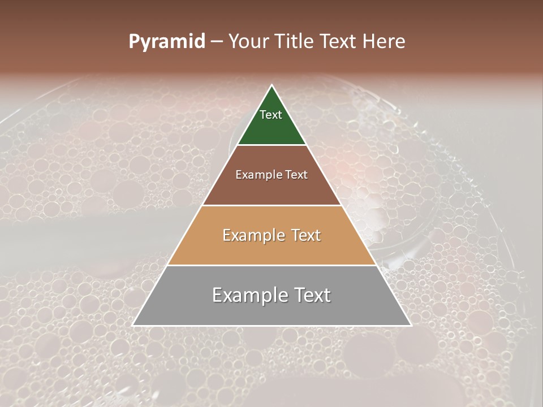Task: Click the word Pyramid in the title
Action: (x=166, y=42)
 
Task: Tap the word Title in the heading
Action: (x=295, y=42)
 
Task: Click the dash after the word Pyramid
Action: (x=217, y=42)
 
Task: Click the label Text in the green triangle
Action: (x=271, y=115)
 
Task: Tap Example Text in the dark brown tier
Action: (x=271, y=175)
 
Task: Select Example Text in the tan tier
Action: (x=271, y=235)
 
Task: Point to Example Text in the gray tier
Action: (x=271, y=295)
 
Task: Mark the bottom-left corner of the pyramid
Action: (x=133, y=325)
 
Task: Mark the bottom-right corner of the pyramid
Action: (x=411, y=325)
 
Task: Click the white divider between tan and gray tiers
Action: (x=271, y=265)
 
